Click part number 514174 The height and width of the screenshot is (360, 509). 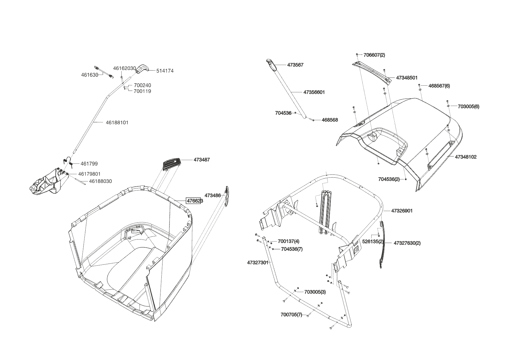165,71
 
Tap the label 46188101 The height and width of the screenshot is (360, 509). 117,123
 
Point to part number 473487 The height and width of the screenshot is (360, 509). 202,160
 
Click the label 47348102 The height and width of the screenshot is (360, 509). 465,157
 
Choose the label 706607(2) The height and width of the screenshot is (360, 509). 374,55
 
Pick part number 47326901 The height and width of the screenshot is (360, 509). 402,211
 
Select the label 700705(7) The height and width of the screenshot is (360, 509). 291,315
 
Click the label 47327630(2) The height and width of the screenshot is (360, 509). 407,243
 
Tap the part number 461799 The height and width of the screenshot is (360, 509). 89,164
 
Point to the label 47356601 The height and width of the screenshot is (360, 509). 314,92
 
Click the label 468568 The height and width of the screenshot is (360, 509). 330,120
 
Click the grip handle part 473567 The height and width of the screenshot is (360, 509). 271,64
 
